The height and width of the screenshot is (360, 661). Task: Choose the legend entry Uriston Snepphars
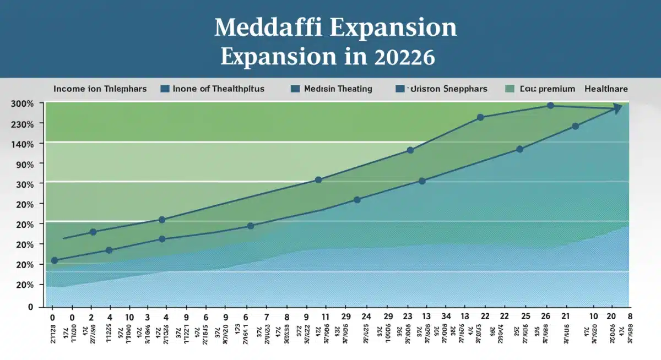tap(446, 89)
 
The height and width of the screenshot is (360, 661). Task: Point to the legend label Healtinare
tap(606, 89)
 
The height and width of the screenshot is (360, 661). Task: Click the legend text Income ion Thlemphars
tap(100, 89)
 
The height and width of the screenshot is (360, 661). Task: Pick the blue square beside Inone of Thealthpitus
tap(164, 89)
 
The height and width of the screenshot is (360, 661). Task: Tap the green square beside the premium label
tap(510, 89)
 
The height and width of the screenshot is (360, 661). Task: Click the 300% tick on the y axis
tap(23, 104)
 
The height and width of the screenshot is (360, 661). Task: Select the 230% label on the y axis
tap(23, 124)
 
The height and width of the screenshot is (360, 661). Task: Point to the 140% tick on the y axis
tap(23, 144)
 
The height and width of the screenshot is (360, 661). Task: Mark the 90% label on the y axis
tap(25, 164)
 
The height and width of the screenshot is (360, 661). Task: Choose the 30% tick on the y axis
tap(25, 184)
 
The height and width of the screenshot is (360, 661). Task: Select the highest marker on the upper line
tap(550, 105)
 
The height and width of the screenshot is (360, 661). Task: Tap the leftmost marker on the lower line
tap(55, 260)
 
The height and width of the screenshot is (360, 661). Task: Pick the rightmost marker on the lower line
tap(575, 126)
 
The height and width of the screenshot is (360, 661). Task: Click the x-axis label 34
tap(447, 317)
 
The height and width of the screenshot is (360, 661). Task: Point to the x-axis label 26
tap(546, 317)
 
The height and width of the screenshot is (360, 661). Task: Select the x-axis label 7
tap(266, 317)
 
